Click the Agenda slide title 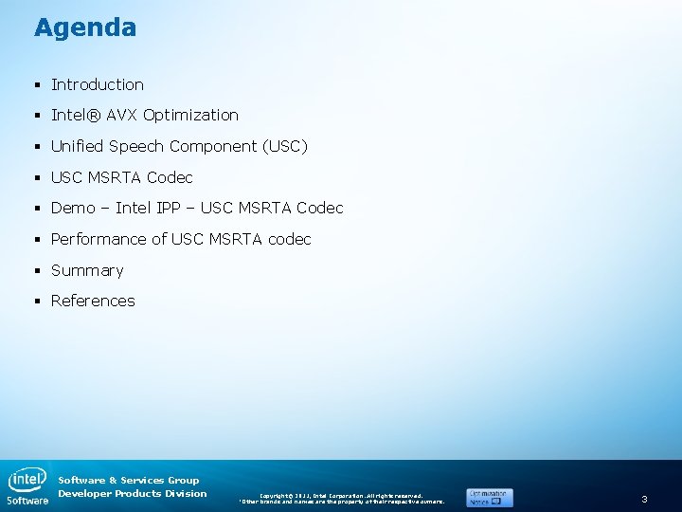coord(85,27)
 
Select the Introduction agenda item coord(98,84)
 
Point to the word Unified coord(78,146)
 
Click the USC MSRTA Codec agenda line coord(121,177)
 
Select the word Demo coord(73,208)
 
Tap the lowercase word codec coord(289,239)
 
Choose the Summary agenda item coord(87,270)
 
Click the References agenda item coord(93,301)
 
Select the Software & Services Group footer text coord(129,480)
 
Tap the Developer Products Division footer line coord(132,493)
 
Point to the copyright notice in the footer coord(341,498)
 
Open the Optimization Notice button coord(489,497)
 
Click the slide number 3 coord(644,499)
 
